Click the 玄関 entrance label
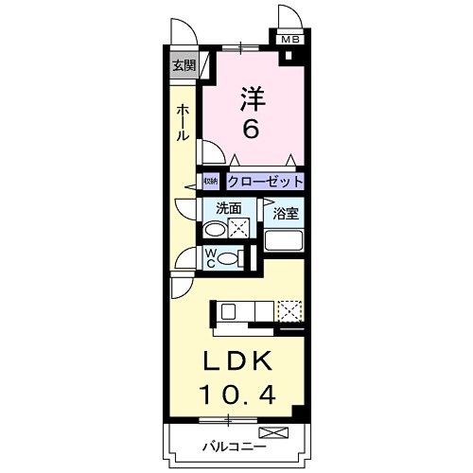tap(184, 65)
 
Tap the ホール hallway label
tap(181, 123)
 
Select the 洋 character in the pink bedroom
tap(251, 96)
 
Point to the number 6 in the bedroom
tap(251, 129)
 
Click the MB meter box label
tap(288, 40)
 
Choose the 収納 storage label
tap(209, 181)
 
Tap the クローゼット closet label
tap(265, 181)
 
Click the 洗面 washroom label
tap(228, 208)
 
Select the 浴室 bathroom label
tap(286, 214)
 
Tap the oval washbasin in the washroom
tap(216, 229)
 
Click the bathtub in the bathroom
tap(285, 240)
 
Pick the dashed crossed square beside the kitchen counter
tap(290, 310)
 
